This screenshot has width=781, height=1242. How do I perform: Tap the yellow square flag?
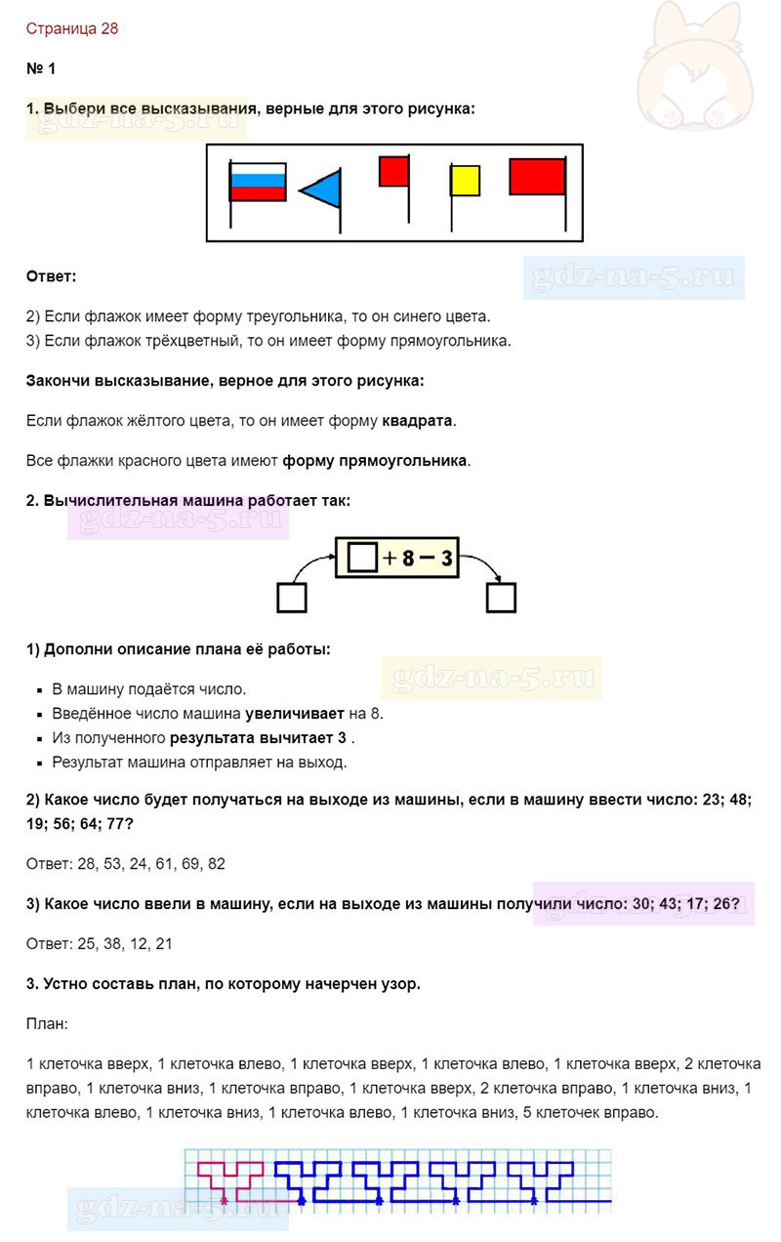[465, 181]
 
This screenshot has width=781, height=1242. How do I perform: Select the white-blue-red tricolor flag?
[258, 182]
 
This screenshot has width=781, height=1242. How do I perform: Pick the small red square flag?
[393, 171]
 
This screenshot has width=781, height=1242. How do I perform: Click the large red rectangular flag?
[537, 177]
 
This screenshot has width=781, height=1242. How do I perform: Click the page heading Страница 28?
[72, 28]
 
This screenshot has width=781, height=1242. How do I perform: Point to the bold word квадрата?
[417, 421]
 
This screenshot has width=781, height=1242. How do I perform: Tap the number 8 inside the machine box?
[408, 559]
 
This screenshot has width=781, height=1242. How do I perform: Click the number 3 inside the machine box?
[446, 559]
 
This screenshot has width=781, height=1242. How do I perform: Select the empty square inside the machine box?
[361, 559]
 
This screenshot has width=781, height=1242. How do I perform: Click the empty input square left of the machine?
[292, 597]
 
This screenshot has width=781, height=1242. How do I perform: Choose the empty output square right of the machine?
[501, 597]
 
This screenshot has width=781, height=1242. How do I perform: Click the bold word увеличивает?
[292, 713]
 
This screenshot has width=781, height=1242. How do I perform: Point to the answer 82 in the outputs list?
[216, 864]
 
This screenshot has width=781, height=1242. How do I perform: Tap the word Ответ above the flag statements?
[51, 276]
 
